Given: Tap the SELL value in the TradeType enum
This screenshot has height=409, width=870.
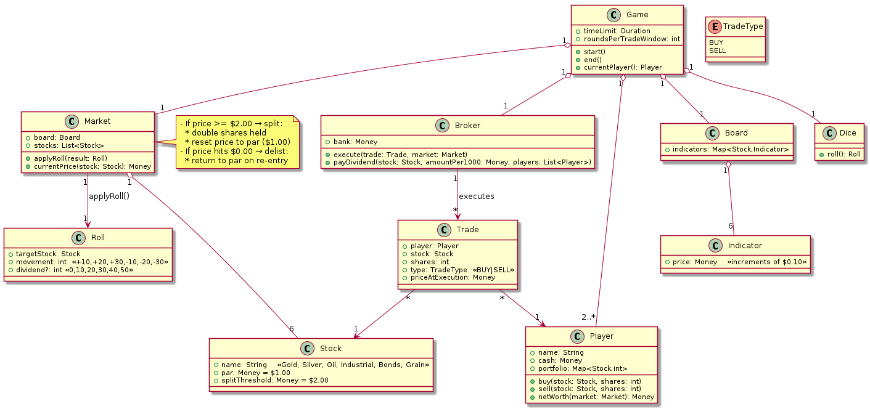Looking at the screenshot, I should [x=717, y=51].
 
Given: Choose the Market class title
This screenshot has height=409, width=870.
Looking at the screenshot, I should [x=97, y=121].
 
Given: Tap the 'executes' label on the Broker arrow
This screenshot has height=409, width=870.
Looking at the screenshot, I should [x=476, y=196].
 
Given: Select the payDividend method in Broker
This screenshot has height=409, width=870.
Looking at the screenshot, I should [x=458, y=162].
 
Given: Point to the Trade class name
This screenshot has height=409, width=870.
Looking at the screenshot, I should [x=469, y=229].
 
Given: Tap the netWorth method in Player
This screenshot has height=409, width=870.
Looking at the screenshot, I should [x=592, y=397].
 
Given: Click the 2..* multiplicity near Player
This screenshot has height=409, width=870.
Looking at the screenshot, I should [x=589, y=317].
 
